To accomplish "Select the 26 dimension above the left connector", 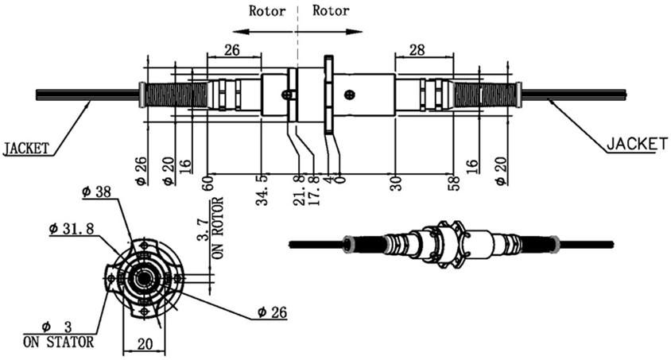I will click(x=231, y=49).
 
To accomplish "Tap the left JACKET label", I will click(x=26, y=148).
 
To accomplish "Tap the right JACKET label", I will click(x=636, y=144).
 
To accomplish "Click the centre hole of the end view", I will click(x=144, y=278).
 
